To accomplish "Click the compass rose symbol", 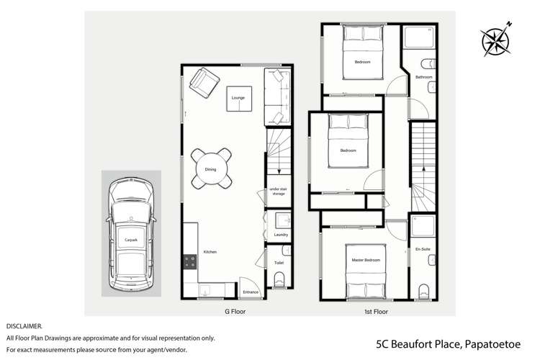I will click(495, 37).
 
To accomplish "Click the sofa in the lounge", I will click(276, 96).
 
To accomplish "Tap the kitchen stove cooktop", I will click(191, 264).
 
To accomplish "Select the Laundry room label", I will click(281, 235).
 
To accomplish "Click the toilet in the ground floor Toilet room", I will click(279, 278).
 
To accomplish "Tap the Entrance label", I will click(251, 292).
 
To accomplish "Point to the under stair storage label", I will click(278, 192).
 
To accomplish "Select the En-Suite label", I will click(423, 249).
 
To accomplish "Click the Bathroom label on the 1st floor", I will click(424, 77).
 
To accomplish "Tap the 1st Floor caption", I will click(376, 312).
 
